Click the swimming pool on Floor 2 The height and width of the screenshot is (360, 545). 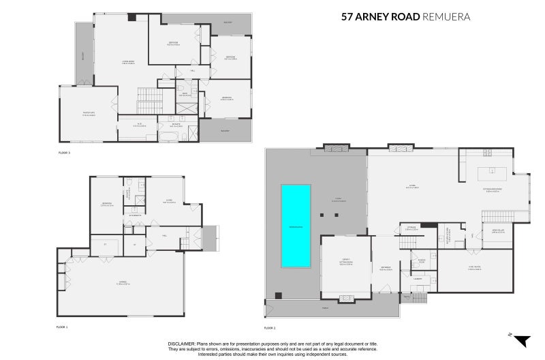tap(296, 226)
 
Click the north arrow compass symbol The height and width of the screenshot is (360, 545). tap(521, 341)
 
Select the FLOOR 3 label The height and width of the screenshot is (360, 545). tap(65, 153)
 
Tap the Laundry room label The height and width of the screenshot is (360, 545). tap(417, 278)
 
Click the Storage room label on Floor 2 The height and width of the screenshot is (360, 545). tap(411, 228)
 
